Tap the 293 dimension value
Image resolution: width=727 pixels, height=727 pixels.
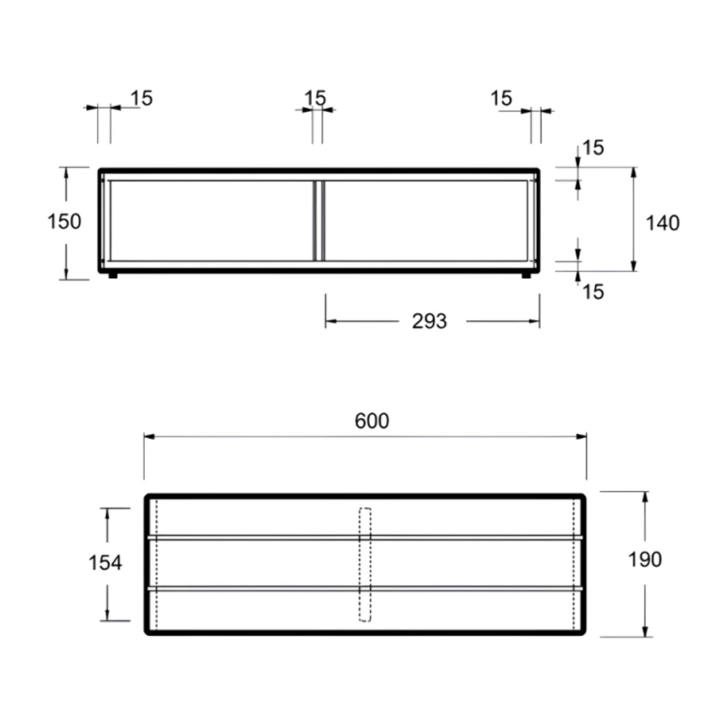[430, 322]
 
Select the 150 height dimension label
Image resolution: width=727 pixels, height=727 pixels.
[64, 222]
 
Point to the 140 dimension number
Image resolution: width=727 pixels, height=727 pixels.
[663, 223]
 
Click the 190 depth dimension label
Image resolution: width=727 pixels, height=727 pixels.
[645, 559]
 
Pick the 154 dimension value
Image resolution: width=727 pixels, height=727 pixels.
[105, 563]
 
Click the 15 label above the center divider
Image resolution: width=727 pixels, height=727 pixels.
[315, 98]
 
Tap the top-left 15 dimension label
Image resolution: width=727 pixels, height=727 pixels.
[142, 98]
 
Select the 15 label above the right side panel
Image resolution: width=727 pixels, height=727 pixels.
[502, 99]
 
